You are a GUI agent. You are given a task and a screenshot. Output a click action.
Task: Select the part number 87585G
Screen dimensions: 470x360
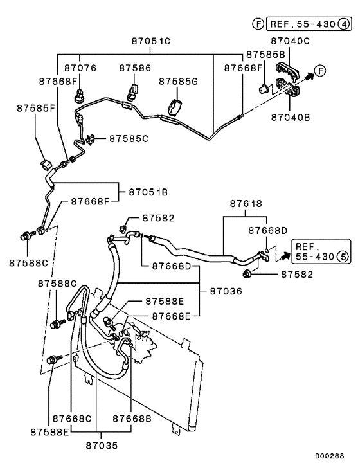click(178, 81)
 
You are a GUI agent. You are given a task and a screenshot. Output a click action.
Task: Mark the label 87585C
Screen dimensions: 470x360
click(129, 138)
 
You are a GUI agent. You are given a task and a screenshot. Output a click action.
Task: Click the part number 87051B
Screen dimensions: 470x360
click(148, 192)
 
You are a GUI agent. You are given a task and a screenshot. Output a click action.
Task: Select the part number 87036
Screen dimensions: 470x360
click(226, 291)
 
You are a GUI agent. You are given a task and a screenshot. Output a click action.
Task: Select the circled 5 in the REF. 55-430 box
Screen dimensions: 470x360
click(343, 257)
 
